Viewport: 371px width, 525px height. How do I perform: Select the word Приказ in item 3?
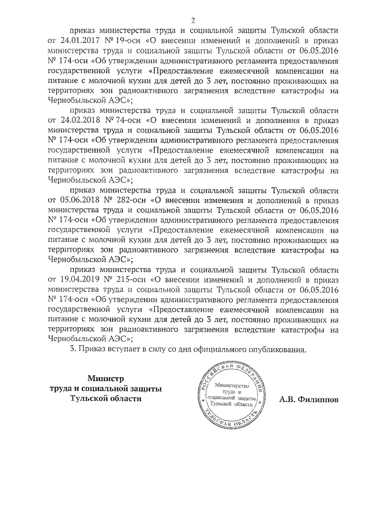point(92,350)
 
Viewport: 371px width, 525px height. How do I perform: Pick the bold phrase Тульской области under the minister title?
point(105,399)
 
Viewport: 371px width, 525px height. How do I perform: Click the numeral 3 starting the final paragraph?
point(72,350)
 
